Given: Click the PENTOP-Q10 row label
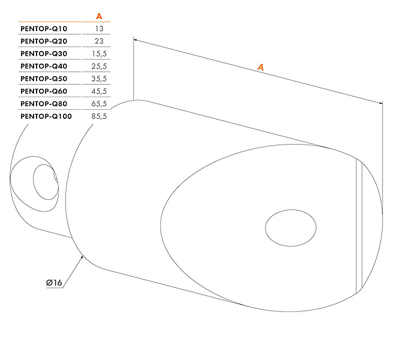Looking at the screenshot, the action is (44, 29).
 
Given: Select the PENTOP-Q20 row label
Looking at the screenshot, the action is (44, 41).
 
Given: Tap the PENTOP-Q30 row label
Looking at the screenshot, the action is (44, 53).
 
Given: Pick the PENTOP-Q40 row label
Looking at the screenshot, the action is (44, 66).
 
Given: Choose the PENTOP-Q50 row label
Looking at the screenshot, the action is (44, 79).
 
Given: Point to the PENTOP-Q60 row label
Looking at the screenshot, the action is (44, 91).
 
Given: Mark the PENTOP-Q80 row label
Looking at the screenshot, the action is (44, 104).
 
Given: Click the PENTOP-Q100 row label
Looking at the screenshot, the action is (46, 116).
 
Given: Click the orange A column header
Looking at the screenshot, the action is (99, 16).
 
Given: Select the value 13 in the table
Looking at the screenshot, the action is (100, 29).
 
